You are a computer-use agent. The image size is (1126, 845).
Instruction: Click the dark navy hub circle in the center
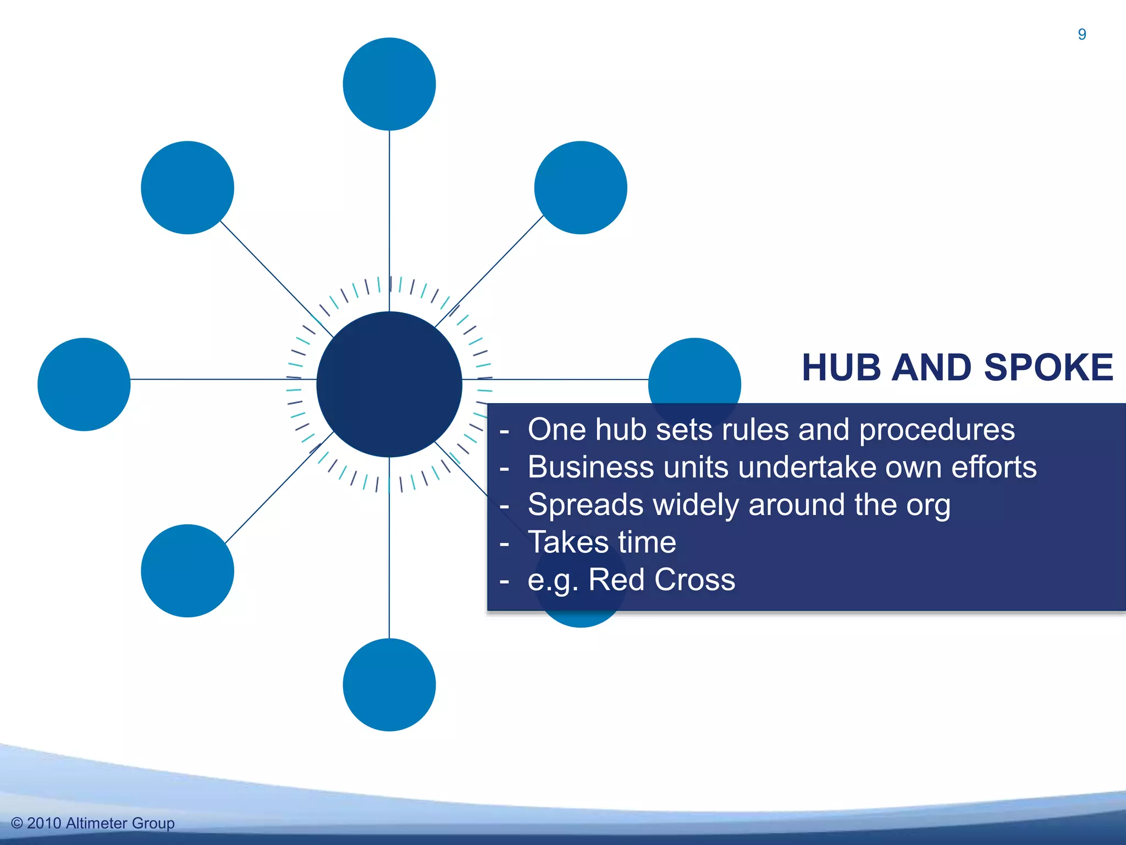pyautogui.click(x=389, y=384)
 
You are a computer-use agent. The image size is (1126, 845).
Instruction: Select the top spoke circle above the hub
pyautogui.click(x=389, y=84)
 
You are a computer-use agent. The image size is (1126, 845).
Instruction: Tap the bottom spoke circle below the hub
pyautogui.click(x=389, y=684)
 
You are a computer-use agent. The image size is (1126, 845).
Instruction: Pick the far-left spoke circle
pyautogui.click(x=84, y=384)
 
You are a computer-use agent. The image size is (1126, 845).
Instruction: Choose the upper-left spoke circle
pyautogui.click(x=187, y=188)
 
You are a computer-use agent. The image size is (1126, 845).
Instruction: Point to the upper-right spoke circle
pyautogui.click(x=581, y=188)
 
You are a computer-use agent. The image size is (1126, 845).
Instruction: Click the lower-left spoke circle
pyautogui.click(x=187, y=570)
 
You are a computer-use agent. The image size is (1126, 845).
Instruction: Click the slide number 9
pyautogui.click(x=1081, y=35)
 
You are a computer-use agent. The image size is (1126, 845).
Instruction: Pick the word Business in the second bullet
pyautogui.click(x=590, y=467)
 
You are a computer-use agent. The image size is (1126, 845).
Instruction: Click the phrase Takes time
pyautogui.click(x=601, y=542)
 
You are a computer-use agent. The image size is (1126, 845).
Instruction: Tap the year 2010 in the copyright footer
pyautogui.click(x=44, y=823)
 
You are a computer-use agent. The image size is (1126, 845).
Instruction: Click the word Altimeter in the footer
pyautogui.click(x=97, y=823)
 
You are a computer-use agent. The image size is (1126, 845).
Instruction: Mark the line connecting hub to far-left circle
pyautogui.click(x=220, y=379)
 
